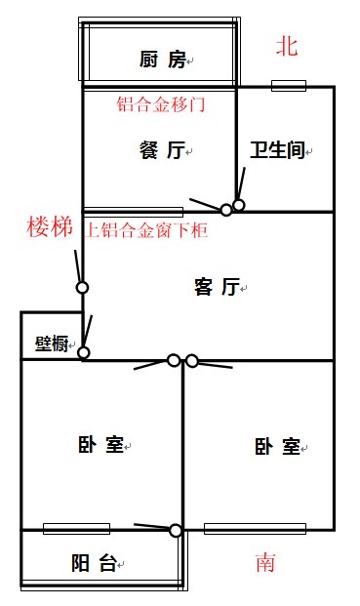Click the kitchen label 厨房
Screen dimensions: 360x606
click(x=163, y=60)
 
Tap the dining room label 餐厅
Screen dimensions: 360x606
click(x=162, y=150)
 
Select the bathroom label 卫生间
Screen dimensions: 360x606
click(x=278, y=150)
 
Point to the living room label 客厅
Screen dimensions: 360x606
click(x=218, y=287)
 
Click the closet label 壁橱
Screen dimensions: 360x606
click(x=52, y=343)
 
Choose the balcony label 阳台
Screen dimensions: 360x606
click(x=94, y=563)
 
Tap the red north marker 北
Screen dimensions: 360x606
click(x=287, y=47)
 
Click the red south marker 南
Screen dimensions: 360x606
click(x=265, y=562)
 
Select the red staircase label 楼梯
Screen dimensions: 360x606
click(x=50, y=226)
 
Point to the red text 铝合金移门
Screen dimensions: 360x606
click(x=161, y=104)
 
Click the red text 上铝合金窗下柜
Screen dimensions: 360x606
click(x=146, y=230)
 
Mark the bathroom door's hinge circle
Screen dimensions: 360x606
click(x=239, y=205)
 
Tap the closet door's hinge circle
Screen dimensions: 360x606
click(x=84, y=353)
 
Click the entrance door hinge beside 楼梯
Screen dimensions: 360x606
click(x=82, y=288)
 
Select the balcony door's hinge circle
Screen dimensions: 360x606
click(x=176, y=531)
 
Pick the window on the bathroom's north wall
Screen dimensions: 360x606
click(x=289, y=86)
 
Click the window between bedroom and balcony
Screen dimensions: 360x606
click(x=76, y=529)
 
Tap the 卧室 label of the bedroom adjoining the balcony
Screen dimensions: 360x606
click(x=100, y=444)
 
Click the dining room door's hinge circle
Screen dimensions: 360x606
click(x=226, y=210)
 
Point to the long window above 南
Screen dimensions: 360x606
click(x=255, y=529)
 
